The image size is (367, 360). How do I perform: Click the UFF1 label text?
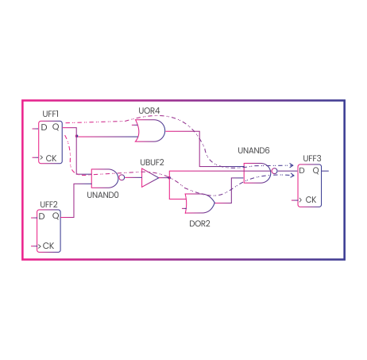click(50, 114)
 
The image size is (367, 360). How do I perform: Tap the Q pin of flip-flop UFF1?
click(56, 127)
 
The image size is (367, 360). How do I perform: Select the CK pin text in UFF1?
click(51, 158)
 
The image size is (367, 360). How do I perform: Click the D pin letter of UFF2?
click(41, 216)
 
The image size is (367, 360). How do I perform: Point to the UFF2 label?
click(48, 204)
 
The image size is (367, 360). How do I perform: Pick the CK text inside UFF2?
click(48, 246)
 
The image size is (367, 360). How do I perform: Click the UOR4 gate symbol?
click(150, 130)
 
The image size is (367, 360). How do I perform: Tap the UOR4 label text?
click(149, 110)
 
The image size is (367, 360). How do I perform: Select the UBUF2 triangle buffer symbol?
click(150, 177)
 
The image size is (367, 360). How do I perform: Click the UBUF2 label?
click(152, 162)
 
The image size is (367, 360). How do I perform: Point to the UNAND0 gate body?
click(105, 178)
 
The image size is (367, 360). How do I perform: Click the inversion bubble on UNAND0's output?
click(122, 177)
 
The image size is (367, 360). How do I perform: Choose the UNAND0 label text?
click(102, 195)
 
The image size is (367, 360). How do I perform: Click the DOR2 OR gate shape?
click(200, 203)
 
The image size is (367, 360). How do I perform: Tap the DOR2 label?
click(199, 224)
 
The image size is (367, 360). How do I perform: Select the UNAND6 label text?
click(253, 150)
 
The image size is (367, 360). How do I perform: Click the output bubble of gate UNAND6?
click(275, 171)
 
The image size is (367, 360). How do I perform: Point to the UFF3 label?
click(312, 158)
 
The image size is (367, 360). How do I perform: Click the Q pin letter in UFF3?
click(316, 171)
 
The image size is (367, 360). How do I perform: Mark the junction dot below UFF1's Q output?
click(77, 136)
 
